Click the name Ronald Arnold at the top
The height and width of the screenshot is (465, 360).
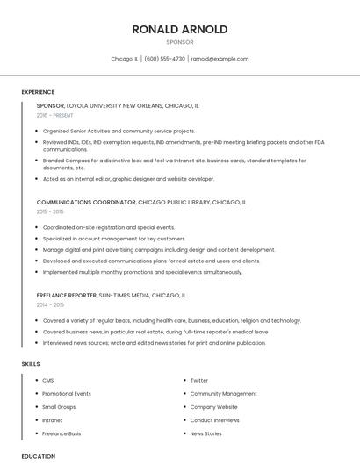coord(180,29)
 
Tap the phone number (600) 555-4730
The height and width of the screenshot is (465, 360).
coord(164,59)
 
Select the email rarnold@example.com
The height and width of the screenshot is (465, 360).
coord(220,59)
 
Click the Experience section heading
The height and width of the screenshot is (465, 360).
coord(38,92)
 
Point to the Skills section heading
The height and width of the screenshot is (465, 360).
coord(31,363)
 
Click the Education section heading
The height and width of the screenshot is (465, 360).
coord(39,456)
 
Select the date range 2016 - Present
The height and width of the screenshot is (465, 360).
coord(55,115)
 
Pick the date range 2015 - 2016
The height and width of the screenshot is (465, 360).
coord(50,211)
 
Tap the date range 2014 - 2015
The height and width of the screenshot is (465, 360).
coord(50,304)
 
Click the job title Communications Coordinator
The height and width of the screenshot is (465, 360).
coord(86,202)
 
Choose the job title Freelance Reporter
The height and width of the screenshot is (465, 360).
coord(67,295)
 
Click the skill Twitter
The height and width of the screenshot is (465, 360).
coord(199,381)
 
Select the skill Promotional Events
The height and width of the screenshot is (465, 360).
coord(67,394)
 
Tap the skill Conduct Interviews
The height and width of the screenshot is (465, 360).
coord(215,420)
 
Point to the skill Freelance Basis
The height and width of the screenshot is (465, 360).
coord(61,433)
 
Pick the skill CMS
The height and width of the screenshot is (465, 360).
coord(48,381)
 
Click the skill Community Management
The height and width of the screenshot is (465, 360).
coord(223,394)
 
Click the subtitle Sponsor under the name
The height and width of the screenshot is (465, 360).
coord(180,42)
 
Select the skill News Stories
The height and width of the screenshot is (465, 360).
coord(205,433)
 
